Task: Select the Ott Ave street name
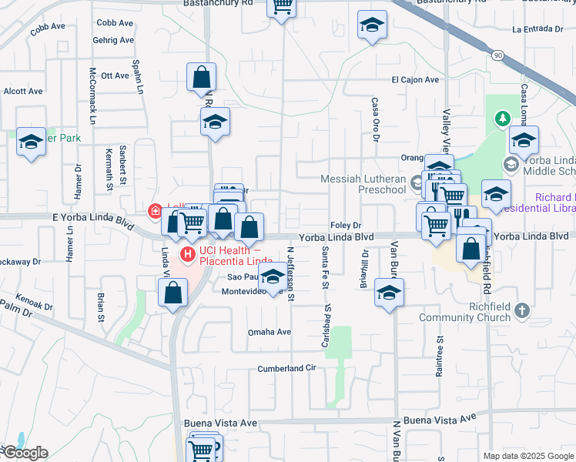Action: tap(115, 75)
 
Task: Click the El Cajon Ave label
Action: tap(414, 79)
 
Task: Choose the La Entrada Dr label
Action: tap(538, 29)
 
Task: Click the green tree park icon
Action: tap(502, 118)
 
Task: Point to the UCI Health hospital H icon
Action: tap(186, 254)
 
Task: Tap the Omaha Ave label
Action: tap(269, 332)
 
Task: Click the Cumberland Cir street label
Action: tap(287, 368)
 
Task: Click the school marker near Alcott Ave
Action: tap(32, 142)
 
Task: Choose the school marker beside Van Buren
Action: tap(390, 293)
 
